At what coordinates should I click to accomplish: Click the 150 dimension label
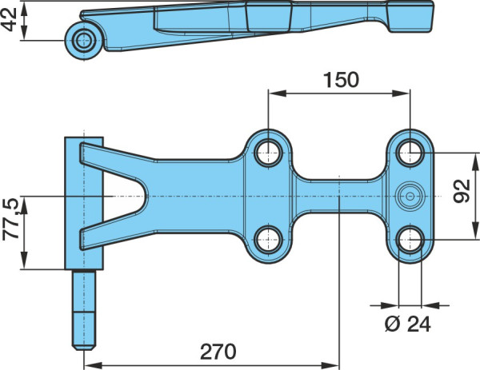(x=341, y=80)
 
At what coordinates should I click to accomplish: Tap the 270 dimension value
(x=218, y=352)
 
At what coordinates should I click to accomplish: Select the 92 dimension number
(x=462, y=191)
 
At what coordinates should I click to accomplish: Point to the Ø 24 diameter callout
(x=408, y=324)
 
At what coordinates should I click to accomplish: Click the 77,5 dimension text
(x=11, y=219)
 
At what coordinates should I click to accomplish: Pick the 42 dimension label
(x=9, y=20)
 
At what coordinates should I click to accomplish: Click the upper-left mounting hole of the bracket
(x=268, y=152)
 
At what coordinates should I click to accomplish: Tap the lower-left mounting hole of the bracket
(x=268, y=240)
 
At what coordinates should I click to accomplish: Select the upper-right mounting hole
(x=410, y=152)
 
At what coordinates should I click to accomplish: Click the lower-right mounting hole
(x=410, y=240)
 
